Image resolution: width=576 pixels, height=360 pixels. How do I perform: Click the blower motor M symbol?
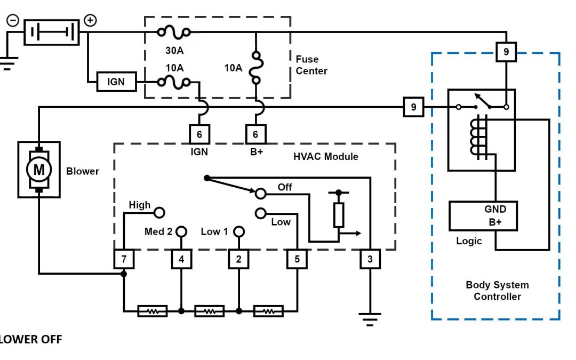pos(39,169)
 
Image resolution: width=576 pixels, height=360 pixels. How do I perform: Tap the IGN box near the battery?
pos(115,83)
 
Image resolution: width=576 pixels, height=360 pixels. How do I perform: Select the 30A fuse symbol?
pos(174,33)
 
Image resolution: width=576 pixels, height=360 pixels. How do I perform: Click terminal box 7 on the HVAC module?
pos(124,260)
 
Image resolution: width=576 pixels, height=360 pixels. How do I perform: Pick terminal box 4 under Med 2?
pos(181,260)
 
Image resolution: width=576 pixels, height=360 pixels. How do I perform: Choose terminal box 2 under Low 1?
pos(239,260)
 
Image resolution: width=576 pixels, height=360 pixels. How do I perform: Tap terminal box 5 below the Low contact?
pos(297,260)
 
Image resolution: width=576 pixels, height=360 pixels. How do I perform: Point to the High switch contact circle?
pos(159,213)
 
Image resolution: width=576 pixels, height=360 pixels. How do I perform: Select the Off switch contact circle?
pos(260,193)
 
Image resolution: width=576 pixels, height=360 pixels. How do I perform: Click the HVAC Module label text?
pos(325,157)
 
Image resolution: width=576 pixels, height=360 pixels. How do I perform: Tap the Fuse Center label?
pos(311,65)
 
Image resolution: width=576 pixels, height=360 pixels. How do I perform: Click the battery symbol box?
pos(52,33)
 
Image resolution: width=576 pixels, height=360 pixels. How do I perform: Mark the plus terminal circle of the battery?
pos(91,20)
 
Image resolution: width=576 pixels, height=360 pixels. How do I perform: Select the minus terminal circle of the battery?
pos(12,21)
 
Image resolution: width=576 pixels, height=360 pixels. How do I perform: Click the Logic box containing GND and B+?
pos(483,216)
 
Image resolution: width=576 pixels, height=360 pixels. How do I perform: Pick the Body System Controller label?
pos(497,290)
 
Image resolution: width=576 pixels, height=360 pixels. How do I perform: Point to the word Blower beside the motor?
pos(82,171)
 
